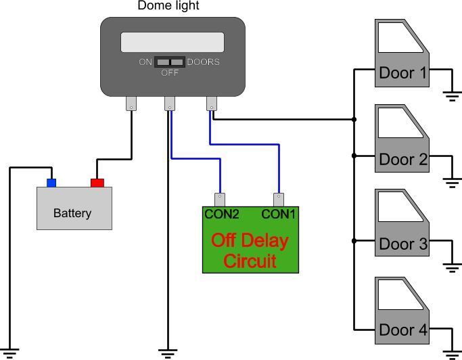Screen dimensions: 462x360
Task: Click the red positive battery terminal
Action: [97, 183]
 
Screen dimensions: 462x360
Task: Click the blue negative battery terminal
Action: [51, 183]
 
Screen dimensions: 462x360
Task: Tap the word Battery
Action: [72, 213]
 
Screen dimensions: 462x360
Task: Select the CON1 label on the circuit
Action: [278, 214]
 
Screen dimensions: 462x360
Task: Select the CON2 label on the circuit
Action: [222, 214]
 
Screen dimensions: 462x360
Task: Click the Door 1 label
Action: [402, 73]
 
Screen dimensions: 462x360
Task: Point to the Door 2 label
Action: [403, 159]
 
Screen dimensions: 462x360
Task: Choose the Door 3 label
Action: [403, 244]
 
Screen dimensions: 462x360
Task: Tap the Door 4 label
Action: [403, 330]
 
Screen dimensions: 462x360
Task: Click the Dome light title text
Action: [168, 5]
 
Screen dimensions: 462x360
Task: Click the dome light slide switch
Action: [170, 62]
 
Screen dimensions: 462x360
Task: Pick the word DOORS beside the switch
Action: [204, 62]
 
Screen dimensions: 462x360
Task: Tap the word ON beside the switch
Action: [145, 62]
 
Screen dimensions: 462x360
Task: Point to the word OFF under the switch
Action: [170, 72]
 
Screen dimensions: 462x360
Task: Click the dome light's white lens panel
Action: [172, 42]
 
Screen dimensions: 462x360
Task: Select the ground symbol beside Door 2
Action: [452, 183]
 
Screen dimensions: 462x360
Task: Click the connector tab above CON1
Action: [279, 200]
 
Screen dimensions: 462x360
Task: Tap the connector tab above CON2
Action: [220, 200]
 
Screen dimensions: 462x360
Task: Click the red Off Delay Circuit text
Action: [250, 250]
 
